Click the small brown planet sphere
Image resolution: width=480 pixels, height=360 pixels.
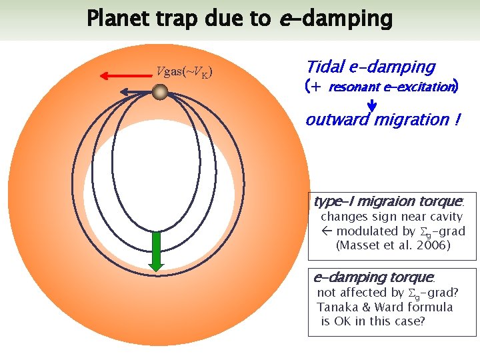pyautogui.click(x=159, y=92)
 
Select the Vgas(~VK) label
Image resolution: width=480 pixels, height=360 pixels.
pyautogui.click(x=185, y=72)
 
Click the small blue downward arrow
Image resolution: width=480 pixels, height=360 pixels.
pyautogui.click(x=372, y=105)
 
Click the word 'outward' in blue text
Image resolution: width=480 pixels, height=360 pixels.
pyautogui.click(x=337, y=121)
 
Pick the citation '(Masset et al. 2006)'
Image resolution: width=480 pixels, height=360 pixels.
pyautogui.click(x=393, y=245)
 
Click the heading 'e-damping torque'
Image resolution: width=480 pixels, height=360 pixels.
pyautogui.click(x=373, y=277)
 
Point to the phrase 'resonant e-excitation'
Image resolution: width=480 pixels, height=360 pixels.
pyautogui.click(x=390, y=87)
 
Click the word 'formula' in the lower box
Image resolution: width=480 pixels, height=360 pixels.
pyautogui.click(x=429, y=307)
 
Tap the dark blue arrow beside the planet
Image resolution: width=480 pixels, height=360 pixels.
pyautogui.click(x=136, y=93)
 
